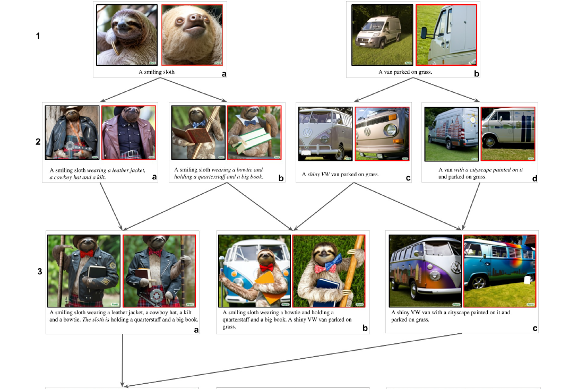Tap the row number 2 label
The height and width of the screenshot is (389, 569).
[38, 142]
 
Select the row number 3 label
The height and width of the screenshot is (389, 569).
[40, 272]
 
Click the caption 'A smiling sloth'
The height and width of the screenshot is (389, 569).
[157, 72]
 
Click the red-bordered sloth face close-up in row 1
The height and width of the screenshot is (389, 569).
[192, 34]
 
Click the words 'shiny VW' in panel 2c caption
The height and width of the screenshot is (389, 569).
[318, 174]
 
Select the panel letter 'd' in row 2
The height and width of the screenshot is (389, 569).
[534, 178]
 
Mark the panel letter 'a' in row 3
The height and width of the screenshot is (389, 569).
[196, 330]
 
